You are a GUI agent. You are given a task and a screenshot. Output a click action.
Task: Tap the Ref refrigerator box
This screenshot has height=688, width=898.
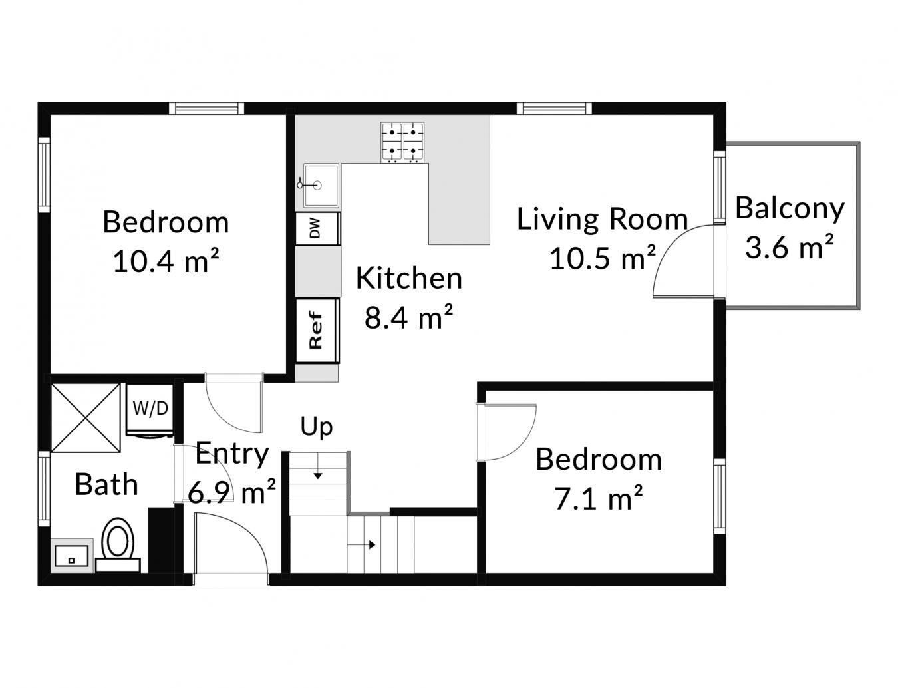coord(317,331)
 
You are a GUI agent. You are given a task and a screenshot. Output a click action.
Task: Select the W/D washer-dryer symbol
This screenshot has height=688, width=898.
coord(150,409)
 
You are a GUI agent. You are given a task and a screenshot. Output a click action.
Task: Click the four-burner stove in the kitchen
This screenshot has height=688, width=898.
coord(402,142)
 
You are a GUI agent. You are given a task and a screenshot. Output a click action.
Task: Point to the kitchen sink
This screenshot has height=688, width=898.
coord(321,185)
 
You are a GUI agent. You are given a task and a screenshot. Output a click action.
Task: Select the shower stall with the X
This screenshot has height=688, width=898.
coord(86,417)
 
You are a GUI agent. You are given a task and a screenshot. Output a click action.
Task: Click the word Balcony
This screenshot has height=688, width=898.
coord(790,208)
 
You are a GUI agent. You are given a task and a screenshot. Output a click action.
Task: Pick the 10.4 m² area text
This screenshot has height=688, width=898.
coord(166,261)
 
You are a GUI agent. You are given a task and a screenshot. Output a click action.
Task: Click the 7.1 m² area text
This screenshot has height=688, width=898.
coord(598,499)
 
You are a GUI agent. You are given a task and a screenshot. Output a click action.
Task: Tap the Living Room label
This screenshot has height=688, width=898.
coord(602,219)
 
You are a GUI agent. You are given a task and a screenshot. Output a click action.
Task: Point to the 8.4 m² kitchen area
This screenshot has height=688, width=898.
coord(408,318)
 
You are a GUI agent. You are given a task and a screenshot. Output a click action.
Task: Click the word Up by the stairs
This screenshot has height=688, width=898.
coord(316,427)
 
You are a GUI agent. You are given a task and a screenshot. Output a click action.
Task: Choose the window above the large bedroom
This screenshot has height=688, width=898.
coord(206,108)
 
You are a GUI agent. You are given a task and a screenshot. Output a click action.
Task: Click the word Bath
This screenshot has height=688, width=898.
coord(106,484)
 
